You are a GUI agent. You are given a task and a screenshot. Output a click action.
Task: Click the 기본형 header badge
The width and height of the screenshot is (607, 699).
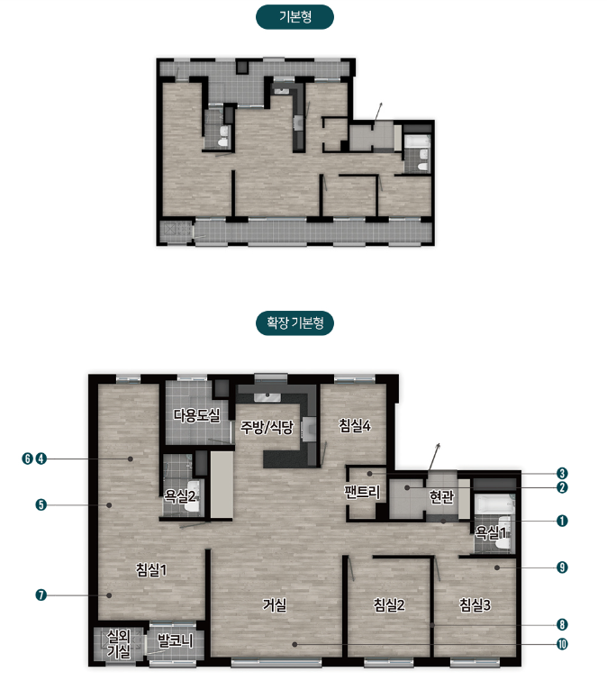[294, 17]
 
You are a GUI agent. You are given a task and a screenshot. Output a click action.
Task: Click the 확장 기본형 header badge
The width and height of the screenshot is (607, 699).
[294, 322]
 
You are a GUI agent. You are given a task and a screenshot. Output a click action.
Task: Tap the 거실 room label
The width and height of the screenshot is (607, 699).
[275, 605]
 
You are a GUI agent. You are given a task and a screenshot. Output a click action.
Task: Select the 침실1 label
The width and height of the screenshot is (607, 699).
[151, 569]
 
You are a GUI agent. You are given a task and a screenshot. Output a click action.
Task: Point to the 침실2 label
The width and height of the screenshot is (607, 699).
[389, 604]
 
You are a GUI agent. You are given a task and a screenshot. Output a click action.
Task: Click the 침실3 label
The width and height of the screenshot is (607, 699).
[476, 604]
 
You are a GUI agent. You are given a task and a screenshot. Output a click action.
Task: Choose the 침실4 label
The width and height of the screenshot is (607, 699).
[355, 425]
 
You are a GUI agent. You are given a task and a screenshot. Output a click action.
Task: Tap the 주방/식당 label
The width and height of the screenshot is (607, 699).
[267, 427]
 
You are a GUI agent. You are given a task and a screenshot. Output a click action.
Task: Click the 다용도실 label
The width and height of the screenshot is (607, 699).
[196, 415]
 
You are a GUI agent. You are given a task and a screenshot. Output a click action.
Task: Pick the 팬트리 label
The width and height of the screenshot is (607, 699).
[362, 492]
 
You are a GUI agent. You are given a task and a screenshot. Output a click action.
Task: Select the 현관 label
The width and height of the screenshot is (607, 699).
[441, 496]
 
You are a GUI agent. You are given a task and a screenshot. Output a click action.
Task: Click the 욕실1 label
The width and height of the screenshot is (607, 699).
[491, 531]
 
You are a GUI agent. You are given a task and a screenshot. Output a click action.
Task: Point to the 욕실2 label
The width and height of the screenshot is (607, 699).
[180, 495]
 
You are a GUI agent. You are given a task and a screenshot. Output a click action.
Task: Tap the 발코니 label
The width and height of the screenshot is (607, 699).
[175, 640]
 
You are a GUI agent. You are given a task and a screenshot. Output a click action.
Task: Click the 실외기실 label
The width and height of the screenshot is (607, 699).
[119, 644]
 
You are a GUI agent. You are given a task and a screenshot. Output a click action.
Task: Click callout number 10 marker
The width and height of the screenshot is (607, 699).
[562, 644]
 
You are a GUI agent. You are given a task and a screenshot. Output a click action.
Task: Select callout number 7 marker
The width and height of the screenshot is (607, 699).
[41, 595]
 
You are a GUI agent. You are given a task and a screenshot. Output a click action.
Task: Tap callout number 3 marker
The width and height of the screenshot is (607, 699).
[562, 474]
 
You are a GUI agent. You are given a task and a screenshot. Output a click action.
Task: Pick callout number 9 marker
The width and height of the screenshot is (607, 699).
[562, 567]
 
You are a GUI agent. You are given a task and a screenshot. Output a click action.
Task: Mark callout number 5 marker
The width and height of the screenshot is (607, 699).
[41, 505]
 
